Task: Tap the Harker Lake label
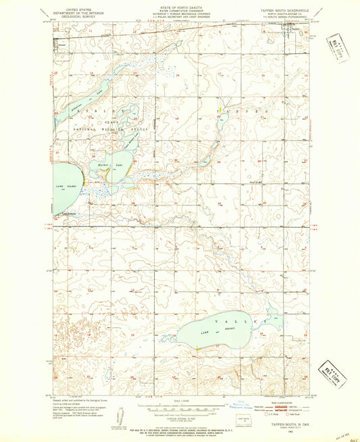click(x=107, y=164)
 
